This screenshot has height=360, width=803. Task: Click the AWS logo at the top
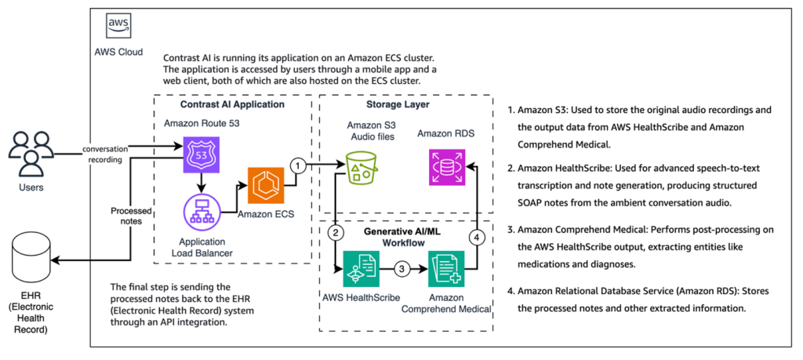(x=118, y=27)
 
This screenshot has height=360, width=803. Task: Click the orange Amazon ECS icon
(x=265, y=185)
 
